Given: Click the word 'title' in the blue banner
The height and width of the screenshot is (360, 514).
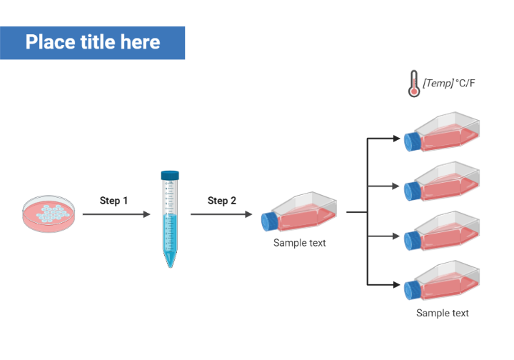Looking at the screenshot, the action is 98,42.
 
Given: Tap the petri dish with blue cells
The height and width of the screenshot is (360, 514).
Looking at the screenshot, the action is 49,214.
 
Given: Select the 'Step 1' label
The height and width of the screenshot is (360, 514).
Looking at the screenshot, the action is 114,200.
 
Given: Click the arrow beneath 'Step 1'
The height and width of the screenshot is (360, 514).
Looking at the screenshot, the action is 116,214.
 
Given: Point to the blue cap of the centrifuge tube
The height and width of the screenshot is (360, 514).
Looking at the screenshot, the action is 170,176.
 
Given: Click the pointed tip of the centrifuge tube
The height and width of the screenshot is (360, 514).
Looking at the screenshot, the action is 170,267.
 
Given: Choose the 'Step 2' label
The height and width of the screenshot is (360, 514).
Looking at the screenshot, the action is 222,200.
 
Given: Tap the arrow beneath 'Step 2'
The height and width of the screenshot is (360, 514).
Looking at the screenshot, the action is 221,214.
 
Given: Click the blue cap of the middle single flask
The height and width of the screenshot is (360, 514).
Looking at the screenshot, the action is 269,221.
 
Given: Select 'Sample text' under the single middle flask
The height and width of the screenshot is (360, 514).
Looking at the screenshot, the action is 300,243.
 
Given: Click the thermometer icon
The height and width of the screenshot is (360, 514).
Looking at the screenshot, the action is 414,84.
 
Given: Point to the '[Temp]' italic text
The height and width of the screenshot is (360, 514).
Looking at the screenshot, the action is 438,84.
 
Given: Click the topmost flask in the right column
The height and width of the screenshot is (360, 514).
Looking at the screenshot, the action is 442,132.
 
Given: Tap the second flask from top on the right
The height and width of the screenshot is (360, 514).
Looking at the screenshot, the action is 442,181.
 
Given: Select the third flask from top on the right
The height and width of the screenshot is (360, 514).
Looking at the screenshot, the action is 442,231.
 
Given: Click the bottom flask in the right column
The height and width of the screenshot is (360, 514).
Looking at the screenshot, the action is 442,280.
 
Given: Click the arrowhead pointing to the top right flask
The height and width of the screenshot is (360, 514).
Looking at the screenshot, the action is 396,139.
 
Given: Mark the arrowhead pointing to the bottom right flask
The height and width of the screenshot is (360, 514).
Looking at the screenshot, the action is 396,284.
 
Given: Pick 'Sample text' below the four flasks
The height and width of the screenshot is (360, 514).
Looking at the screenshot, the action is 443,313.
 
